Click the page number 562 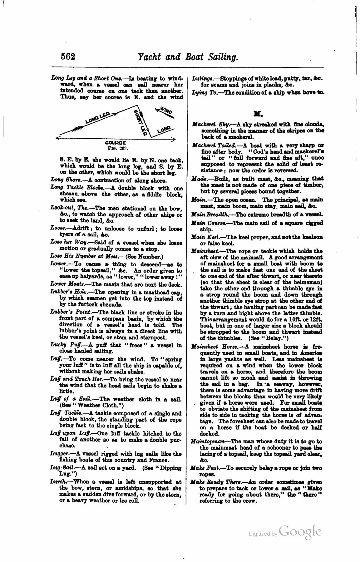[x=68, y=57]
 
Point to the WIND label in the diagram [x=166, y=111]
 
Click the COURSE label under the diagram [x=116, y=142]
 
